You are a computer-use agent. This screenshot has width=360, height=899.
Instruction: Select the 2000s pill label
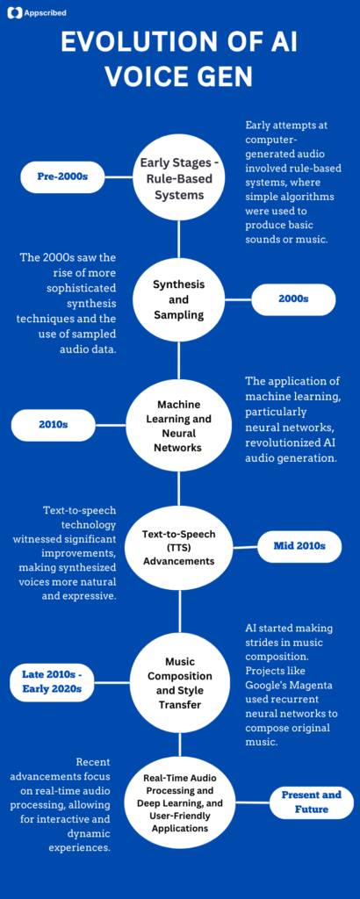pos(293,299)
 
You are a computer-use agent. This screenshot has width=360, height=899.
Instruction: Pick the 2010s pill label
pos(53,425)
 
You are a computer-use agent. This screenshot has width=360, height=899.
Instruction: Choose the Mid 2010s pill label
pos(299,546)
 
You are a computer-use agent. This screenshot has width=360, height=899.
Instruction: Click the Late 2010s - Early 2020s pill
pos(52,681)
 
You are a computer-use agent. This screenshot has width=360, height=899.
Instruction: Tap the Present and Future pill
pos(311,802)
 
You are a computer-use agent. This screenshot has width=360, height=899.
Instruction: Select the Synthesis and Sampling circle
pos(179,300)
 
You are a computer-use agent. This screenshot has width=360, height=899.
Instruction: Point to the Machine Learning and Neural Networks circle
pos(179,425)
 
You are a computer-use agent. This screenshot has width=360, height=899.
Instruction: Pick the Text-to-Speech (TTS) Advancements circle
pos(179,547)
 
